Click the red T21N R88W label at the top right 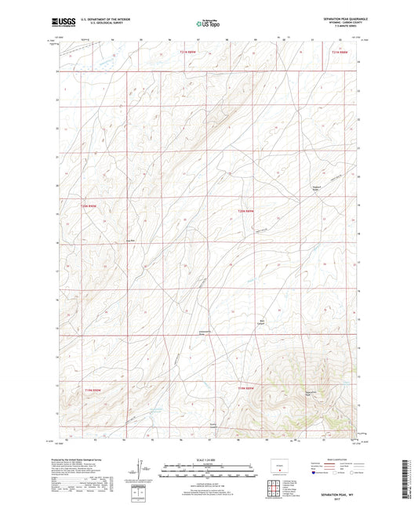pos(337,53)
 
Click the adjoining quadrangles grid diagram pos(276,491)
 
